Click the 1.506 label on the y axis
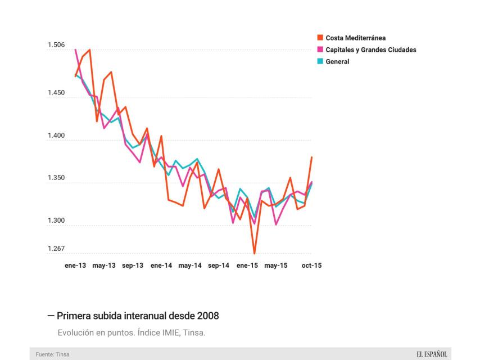tap(56, 45)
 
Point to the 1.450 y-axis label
tap(56, 92)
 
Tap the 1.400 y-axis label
tap(56, 136)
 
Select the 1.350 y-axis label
tap(56, 178)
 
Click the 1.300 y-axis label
tap(56, 221)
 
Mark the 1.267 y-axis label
tap(56, 249)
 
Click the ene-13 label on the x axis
tap(75, 265)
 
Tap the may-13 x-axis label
tap(104, 265)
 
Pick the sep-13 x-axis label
tap(133, 265)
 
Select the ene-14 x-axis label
tap(161, 265)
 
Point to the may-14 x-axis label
tap(190, 265)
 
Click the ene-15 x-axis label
tap(247, 265)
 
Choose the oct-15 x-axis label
tap(312, 265)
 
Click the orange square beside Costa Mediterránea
tap(320, 38)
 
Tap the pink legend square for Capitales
tap(320, 50)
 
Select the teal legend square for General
tap(320, 62)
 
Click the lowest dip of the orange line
tap(255, 253)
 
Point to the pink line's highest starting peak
tap(75, 50)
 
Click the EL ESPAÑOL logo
tap(432, 354)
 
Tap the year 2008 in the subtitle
tap(207, 316)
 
